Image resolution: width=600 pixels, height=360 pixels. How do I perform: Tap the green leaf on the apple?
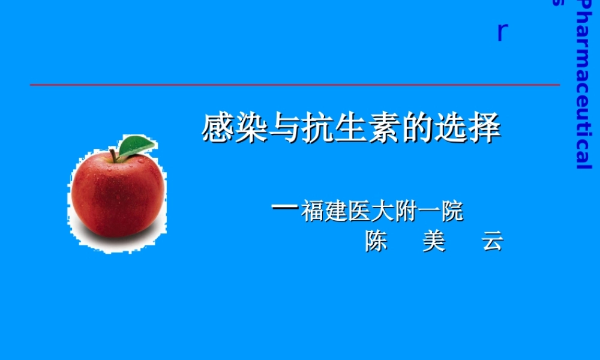point(136,146)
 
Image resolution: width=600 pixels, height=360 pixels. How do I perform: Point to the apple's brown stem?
point(113,155)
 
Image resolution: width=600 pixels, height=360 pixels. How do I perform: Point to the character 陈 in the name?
point(376,241)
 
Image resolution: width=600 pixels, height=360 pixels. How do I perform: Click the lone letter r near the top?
point(502,32)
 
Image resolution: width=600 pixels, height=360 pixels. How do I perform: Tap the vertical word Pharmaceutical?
point(583,84)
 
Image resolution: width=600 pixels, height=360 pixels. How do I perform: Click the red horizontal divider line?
point(294,85)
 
